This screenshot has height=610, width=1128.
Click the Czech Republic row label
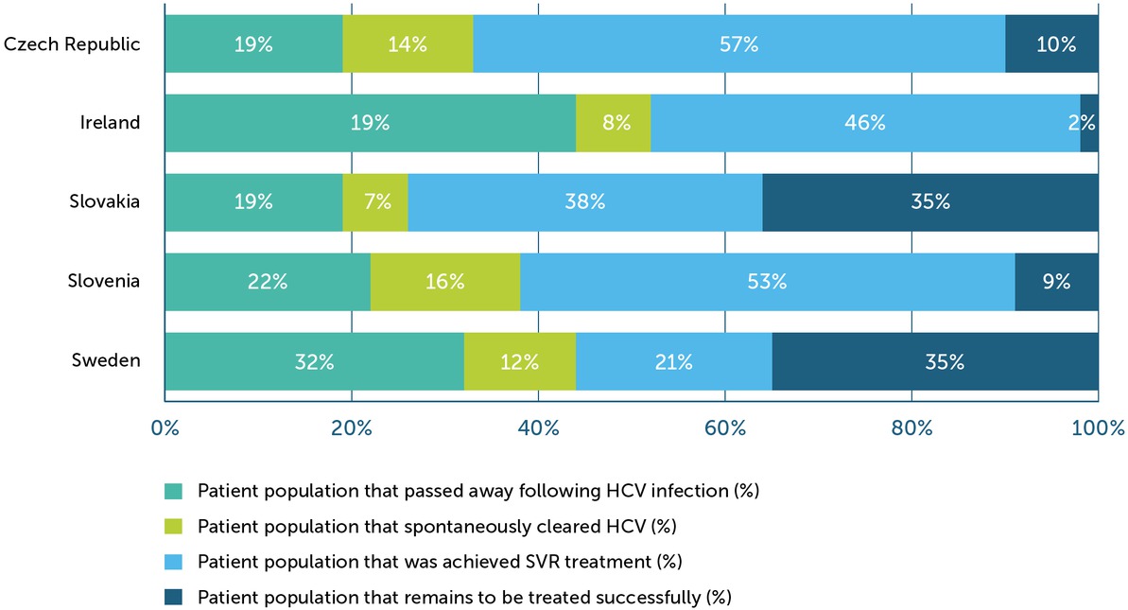pos(73,44)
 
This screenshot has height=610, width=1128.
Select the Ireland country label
pos(110,122)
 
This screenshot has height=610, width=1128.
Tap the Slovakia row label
pos(105,201)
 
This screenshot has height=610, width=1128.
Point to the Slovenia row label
pos(104,281)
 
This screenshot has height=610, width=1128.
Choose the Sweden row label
pos(107,360)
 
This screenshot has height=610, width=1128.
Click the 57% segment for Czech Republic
pos(738,44)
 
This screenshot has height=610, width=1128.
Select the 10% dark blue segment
pos(1051,44)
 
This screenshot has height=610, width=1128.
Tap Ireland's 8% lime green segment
pos(613,123)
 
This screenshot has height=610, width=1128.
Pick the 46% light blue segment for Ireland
pos(864,123)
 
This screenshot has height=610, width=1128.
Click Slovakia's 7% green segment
pos(375,202)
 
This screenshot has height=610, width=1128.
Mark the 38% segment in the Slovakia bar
pos(584,202)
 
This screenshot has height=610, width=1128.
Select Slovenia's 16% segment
pos(444,282)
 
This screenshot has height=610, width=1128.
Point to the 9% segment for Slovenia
pos(1056,282)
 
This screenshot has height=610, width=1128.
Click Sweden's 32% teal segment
pos(315,361)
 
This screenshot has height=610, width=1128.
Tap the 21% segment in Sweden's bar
pos(673,361)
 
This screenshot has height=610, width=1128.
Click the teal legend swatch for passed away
pos(174,491)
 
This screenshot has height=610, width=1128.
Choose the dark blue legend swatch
pos(174,597)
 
